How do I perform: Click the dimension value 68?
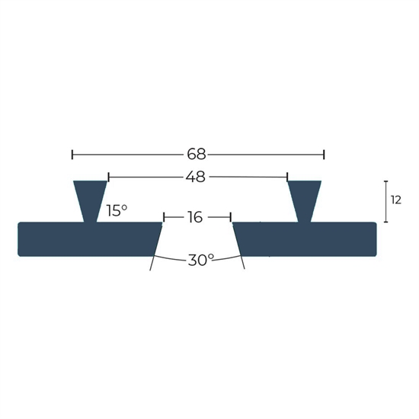tap(197, 155)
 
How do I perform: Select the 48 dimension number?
tap(196, 177)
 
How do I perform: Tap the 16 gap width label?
tap(195, 217)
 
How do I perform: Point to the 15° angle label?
tap(117, 210)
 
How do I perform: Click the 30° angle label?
tap(200, 260)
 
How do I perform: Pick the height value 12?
tap(396, 200)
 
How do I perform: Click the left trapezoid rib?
tap(91, 201)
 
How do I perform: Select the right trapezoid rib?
tap(305, 201)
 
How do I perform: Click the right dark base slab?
tap(305, 239)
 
